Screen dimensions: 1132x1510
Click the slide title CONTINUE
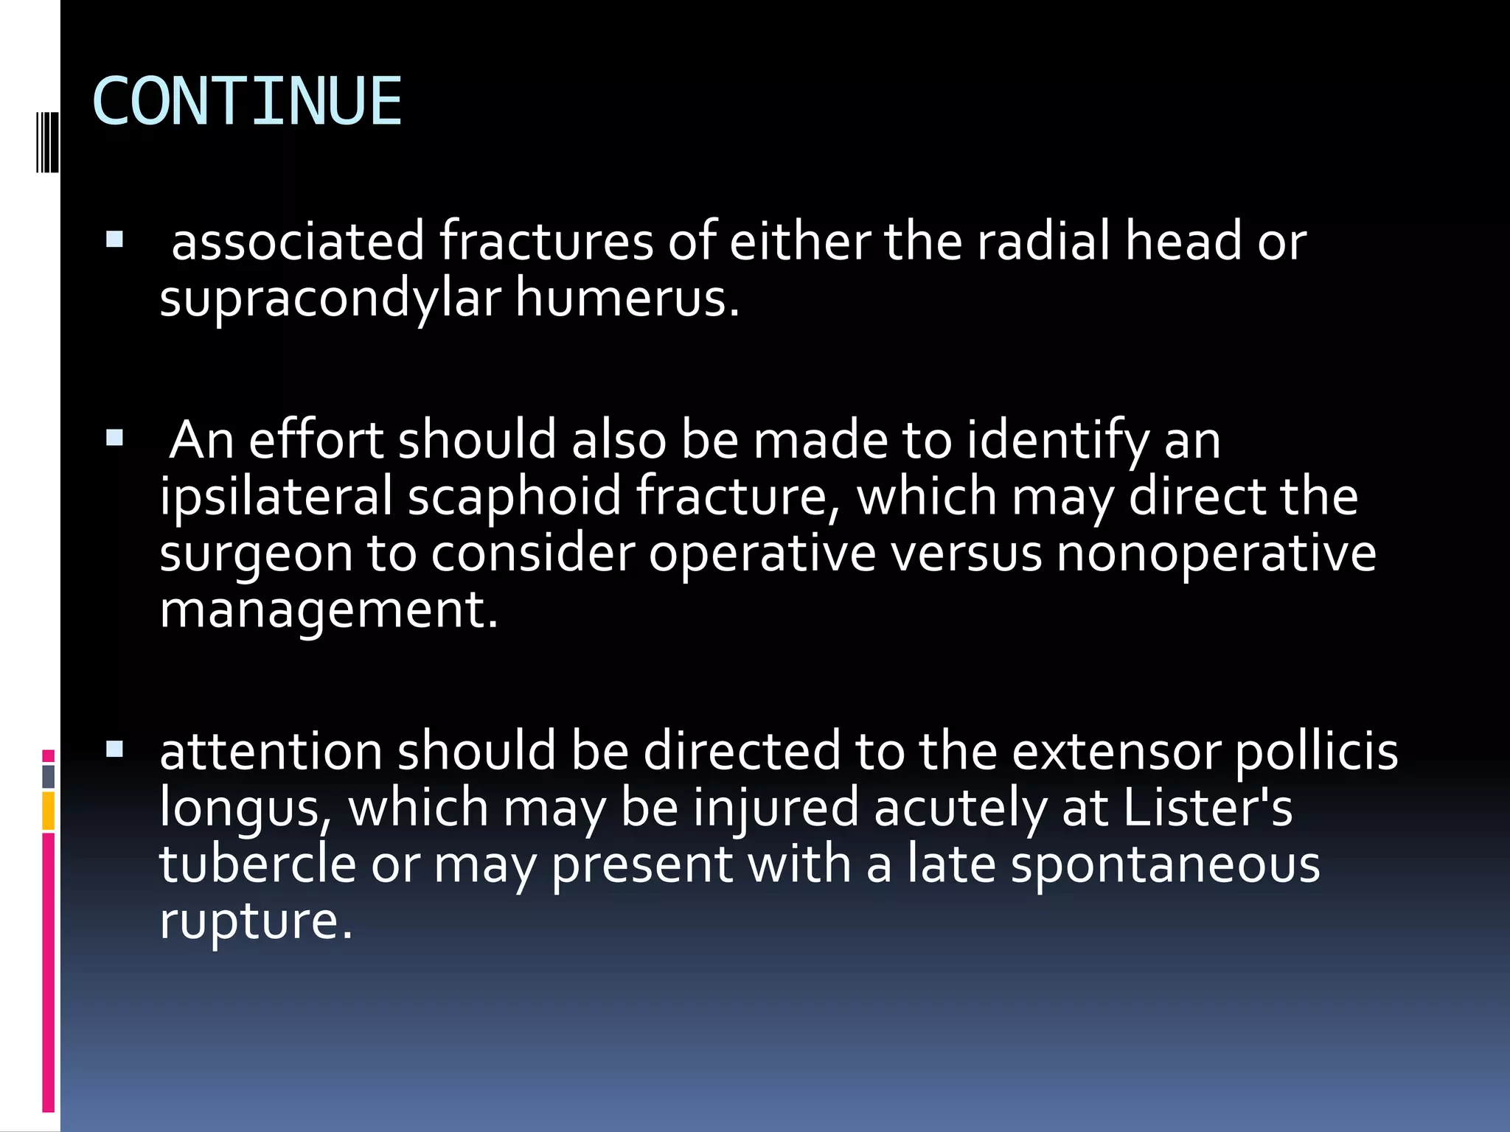coord(247,102)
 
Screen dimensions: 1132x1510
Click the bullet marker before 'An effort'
coord(114,439)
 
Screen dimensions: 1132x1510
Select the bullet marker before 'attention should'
coord(114,750)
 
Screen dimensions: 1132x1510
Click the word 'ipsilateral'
coord(276,495)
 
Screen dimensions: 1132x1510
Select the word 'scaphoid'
coord(515,497)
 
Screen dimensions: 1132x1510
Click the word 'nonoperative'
coord(1216,554)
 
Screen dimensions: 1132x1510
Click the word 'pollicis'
coord(1316,751)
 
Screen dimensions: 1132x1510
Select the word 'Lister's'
coord(1208,807)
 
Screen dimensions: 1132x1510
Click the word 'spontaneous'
coord(1165,864)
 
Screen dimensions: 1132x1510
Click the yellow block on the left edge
coord(49,811)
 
